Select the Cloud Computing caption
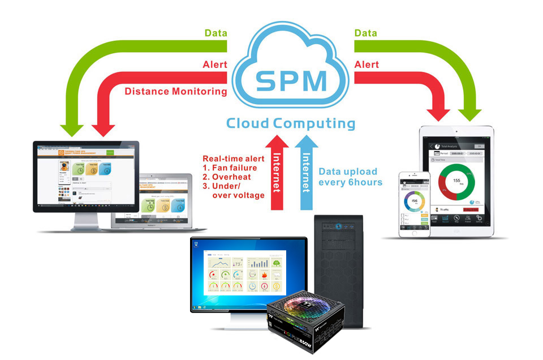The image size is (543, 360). pos(291,123)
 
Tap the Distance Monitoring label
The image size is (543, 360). pos(175,91)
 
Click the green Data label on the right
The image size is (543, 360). pos(366,33)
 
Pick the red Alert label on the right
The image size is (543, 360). pos(367,65)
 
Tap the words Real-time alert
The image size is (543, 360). pos(234,158)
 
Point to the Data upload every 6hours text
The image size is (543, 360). pos(351,176)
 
